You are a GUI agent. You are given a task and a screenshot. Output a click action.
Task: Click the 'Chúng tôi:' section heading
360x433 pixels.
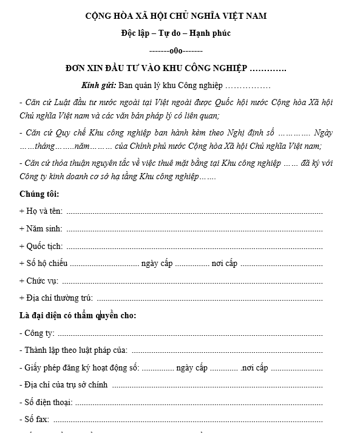[x=39, y=194]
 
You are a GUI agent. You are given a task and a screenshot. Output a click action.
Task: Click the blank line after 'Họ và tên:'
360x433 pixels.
[x=194, y=212]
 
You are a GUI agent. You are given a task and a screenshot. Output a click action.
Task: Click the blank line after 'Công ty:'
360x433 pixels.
[x=189, y=333]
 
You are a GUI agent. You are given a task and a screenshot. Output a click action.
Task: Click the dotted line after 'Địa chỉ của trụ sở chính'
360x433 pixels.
[x=217, y=385]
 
